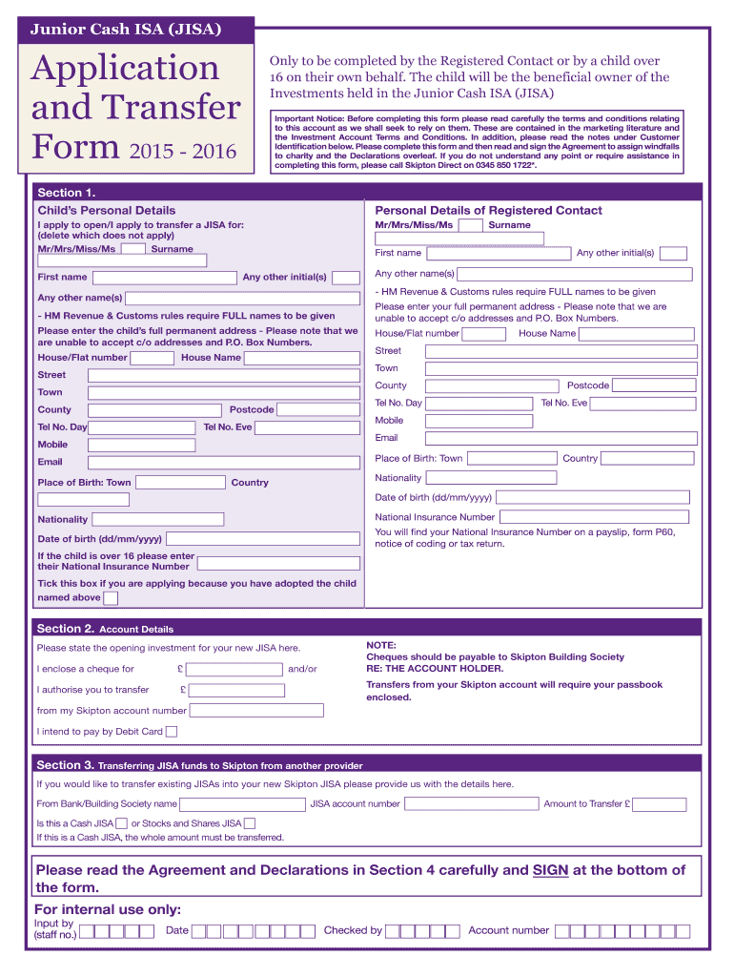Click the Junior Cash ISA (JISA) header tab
tap(128, 30)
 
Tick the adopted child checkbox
tap(111, 598)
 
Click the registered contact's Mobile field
tap(479, 421)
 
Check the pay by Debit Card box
tap(172, 732)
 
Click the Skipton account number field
tap(256, 711)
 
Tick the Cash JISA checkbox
tap(121, 823)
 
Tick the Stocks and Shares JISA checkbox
tap(250, 823)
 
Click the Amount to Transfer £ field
tap(660, 804)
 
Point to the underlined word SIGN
tap(551, 870)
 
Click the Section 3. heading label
tap(65, 765)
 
